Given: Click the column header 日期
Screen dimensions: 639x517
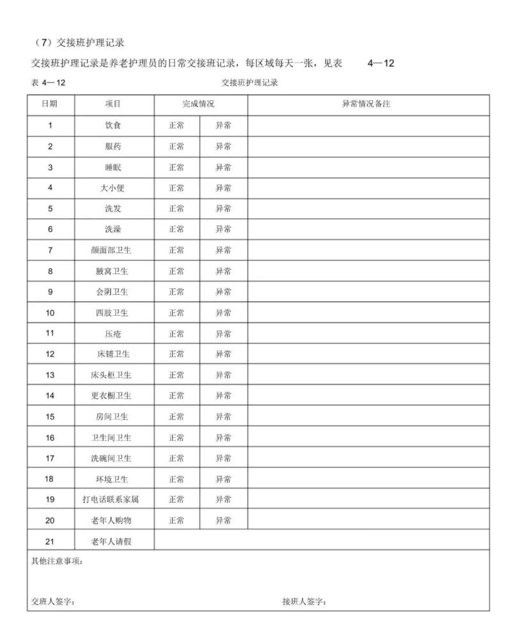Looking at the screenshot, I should (x=49, y=104).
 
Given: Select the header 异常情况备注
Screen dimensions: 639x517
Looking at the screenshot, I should (x=367, y=104).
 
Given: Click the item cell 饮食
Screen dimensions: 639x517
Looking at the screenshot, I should (x=113, y=125).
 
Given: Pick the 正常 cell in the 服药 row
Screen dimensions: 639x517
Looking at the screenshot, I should (x=176, y=146).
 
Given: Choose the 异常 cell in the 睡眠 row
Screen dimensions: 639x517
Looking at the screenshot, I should (x=223, y=167).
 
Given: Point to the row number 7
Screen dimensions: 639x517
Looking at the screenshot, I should (x=50, y=250).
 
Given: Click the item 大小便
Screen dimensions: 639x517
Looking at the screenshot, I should (x=113, y=188).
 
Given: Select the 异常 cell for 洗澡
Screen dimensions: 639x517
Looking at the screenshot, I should (x=223, y=229).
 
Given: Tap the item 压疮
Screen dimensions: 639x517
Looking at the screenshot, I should (x=113, y=334).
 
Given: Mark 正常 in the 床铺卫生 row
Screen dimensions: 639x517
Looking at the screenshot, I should (x=176, y=354).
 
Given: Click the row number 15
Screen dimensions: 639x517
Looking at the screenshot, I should (x=50, y=417).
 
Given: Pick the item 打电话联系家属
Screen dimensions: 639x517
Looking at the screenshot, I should (x=113, y=500).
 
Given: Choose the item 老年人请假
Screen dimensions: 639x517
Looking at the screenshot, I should (x=113, y=541).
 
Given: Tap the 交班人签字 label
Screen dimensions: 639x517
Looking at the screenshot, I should (x=53, y=601).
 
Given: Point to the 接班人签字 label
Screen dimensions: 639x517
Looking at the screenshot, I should (x=304, y=601).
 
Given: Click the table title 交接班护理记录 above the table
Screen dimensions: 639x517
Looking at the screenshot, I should (x=250, y=82).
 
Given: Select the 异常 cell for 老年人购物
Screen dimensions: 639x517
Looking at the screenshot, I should (x=223, y=520).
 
